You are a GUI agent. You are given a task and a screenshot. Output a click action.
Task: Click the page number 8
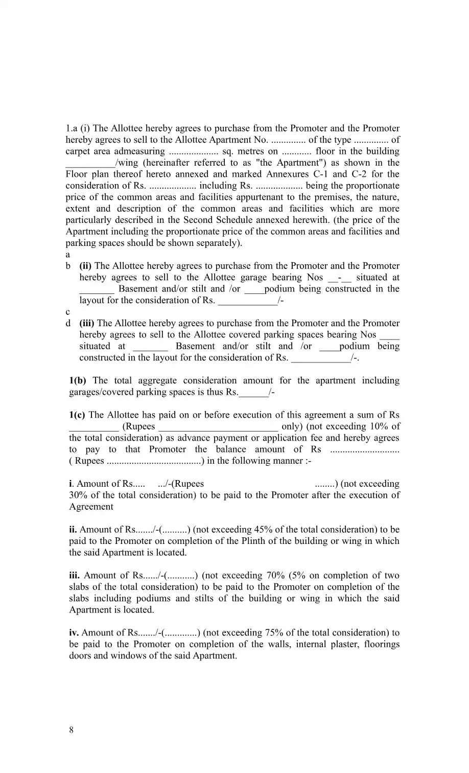tap(71, 730)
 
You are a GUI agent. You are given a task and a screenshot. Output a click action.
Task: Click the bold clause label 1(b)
tap(78, 380)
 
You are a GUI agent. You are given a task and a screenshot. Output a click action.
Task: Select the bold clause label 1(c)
tap(77, 415)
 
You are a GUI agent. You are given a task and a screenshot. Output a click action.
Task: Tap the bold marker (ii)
tap(86, 266)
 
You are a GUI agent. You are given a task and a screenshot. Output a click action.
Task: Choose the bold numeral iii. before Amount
tap(75, 576)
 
